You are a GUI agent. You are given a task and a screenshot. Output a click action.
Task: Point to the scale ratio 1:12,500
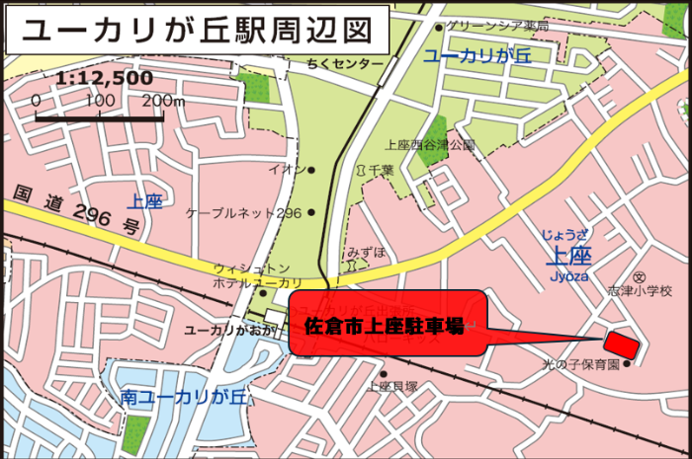click(x=105, y=78)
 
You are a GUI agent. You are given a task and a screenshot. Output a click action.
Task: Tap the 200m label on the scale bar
click(x=163, y=101)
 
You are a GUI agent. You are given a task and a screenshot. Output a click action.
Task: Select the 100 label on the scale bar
click(x=100, y=101)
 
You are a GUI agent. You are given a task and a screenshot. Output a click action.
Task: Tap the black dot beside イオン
click(x=311, y=170)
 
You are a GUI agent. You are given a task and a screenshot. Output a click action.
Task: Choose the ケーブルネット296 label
click(x=243, y=212)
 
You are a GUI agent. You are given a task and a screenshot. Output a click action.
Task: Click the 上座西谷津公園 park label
click(x=430, y=144)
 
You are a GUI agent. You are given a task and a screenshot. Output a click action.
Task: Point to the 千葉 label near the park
click(x=382, y=170)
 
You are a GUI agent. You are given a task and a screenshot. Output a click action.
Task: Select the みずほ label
click(x=366, y=253)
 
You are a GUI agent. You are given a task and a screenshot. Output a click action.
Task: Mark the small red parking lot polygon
click(x=621, y=345)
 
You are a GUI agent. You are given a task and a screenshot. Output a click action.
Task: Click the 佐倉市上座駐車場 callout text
click(x=386, y=325)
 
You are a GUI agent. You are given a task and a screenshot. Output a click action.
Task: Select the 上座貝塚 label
click(x=392, y=387)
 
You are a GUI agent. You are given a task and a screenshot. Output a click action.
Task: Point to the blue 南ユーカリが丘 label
click(x=184, y=398)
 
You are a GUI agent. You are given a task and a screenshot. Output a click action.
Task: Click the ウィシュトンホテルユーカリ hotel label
click(x=252, y=275)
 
